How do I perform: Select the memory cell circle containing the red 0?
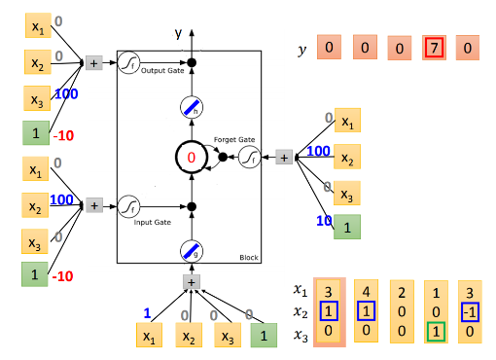click(x=192, y=157)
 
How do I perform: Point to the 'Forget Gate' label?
click(x=235, y=139)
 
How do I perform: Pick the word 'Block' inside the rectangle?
click(x=248, y=257)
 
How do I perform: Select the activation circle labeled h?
click(x=192, y=110)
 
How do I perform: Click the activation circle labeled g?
click(x=192, y=251)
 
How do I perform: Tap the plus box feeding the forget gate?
click(x=284, y=157)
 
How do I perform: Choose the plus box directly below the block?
click(x=192, y=283)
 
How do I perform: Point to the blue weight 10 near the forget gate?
click(x=321, y=220)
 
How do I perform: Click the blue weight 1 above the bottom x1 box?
click(x=146, y=313)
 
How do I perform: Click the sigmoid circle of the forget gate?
click(x=251, y=157)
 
